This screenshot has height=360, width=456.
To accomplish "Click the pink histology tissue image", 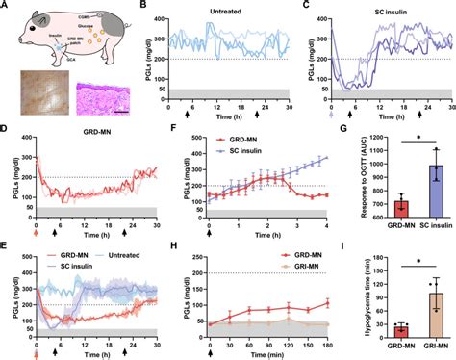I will (x=104, y=100).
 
